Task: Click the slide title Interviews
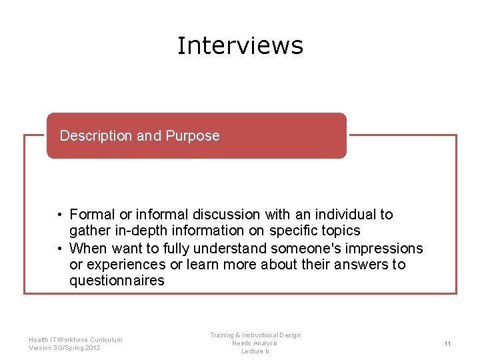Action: (240, 45)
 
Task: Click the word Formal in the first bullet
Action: (93, 215)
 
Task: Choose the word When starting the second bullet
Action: (86, 248)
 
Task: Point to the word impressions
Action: (390, 248)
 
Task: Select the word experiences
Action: (124, 265)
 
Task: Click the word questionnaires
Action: (117, 281)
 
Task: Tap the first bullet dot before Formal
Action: (59, 215)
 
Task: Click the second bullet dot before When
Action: (59, 248)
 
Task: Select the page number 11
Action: (447, 343)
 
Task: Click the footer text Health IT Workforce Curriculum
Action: (75, 340)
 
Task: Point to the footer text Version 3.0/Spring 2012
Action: (65, 348)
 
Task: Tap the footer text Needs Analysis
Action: (255, 343)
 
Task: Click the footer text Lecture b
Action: (255, 351)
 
